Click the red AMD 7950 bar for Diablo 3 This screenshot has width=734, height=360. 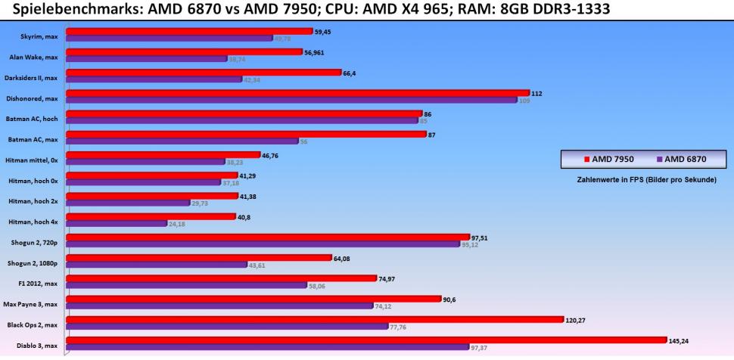click(x=366, y=340)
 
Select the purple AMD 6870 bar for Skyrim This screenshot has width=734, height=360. click(x=169, y=38)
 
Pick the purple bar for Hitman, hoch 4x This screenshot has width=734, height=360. click(x=117, y=223)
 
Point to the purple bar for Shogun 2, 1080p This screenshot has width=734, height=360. click(x=157, y=265)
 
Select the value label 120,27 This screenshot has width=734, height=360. click(x=575, y=319)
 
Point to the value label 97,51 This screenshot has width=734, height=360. click(x=481, y=237)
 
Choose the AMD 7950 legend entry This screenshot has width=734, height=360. click(x=609, y=159)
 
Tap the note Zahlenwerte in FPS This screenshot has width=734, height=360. click(x=640, y=180)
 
